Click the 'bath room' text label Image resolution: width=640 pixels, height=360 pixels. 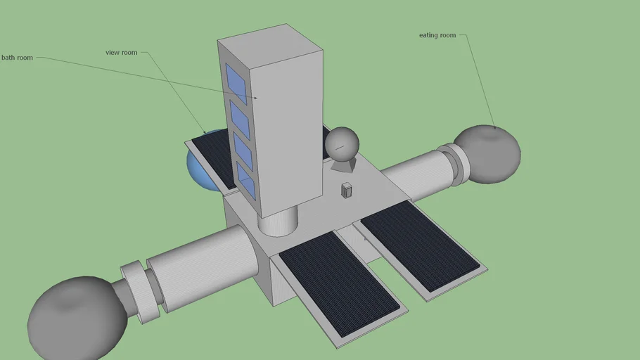click(17, 58)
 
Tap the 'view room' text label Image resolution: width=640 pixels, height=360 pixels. click(121, 53)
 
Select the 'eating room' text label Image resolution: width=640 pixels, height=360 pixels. click(437, 35)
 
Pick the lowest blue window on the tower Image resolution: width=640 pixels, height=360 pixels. click(246, 180)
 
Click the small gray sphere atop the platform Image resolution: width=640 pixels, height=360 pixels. click(343, 144)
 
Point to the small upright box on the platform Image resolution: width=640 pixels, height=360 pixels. click(346, 190)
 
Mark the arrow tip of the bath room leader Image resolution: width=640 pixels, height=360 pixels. click(256, 98)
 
